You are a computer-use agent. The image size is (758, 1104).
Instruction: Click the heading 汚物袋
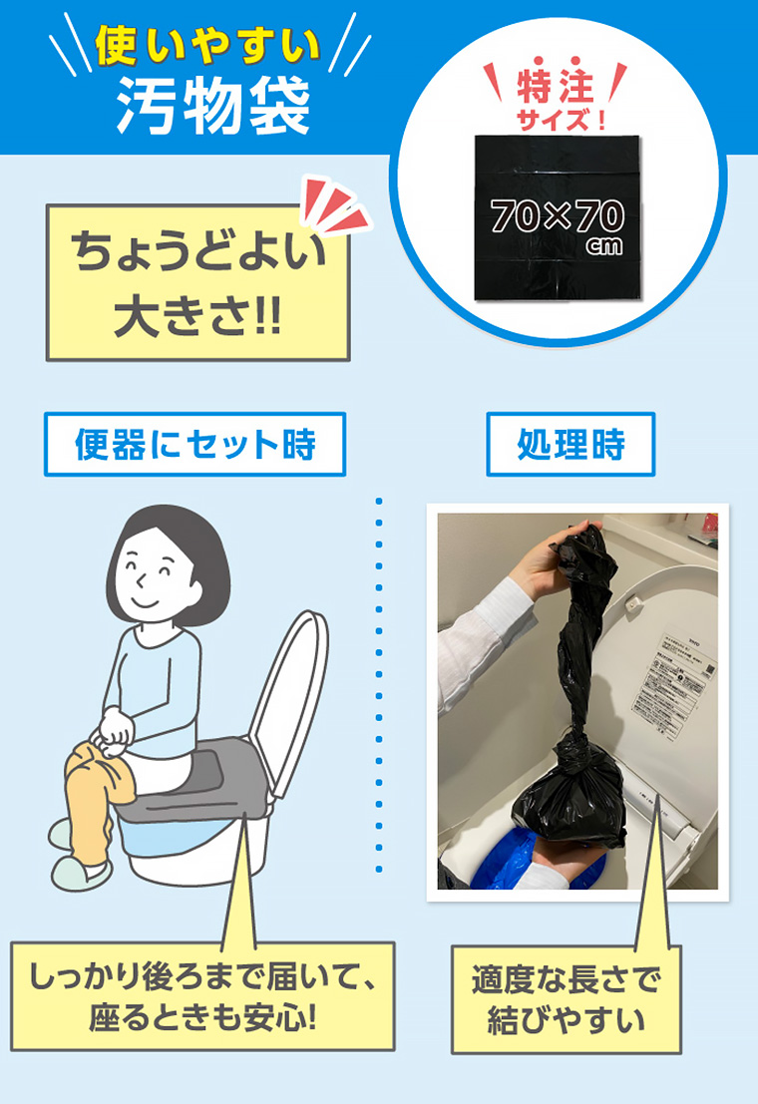click(x=212, y=105)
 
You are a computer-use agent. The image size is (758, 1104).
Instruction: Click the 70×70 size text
click(x=557, y=215)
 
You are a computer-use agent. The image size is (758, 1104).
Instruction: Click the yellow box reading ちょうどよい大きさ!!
click(x=197, y=282)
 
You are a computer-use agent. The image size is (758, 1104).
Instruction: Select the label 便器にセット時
click(x=194, y=444)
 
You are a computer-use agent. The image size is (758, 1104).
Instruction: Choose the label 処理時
click(x=570, y=444)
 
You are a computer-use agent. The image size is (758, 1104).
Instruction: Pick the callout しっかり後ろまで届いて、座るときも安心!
click(x=203, y=994)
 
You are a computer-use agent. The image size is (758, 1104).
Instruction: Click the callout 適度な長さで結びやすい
click(x=566, y=998)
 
